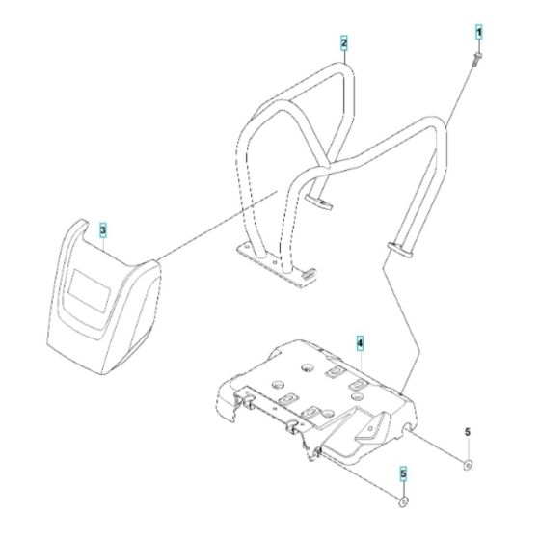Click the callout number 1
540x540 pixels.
click(x=475, y=34)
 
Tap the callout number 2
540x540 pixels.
click(x=343, y=42)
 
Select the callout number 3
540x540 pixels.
click(x=103, y=230)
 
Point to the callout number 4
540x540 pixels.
click(x=359, y=343)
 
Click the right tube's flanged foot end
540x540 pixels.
click(x=400, y=249)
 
